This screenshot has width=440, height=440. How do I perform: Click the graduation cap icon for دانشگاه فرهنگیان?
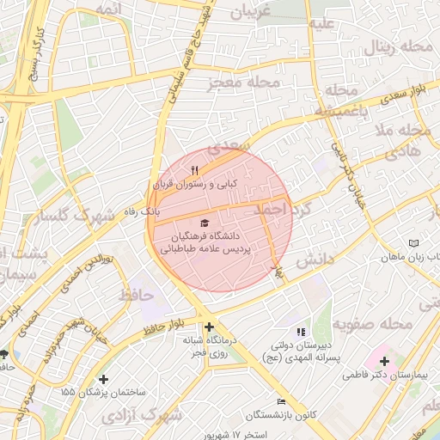[x=203, y=223]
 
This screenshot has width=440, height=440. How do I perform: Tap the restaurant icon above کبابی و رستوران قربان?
[x=194, y=170]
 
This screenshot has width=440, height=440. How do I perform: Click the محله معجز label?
[x=245, y=84]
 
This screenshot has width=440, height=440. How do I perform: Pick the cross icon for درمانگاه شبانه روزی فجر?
[x=209, y=327]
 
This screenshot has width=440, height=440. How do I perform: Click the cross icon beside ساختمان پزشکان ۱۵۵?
[x=104, y=378]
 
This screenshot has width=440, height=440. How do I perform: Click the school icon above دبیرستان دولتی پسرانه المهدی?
[x=300, y=332]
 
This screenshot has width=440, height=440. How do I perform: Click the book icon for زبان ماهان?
[x=414, y=244]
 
